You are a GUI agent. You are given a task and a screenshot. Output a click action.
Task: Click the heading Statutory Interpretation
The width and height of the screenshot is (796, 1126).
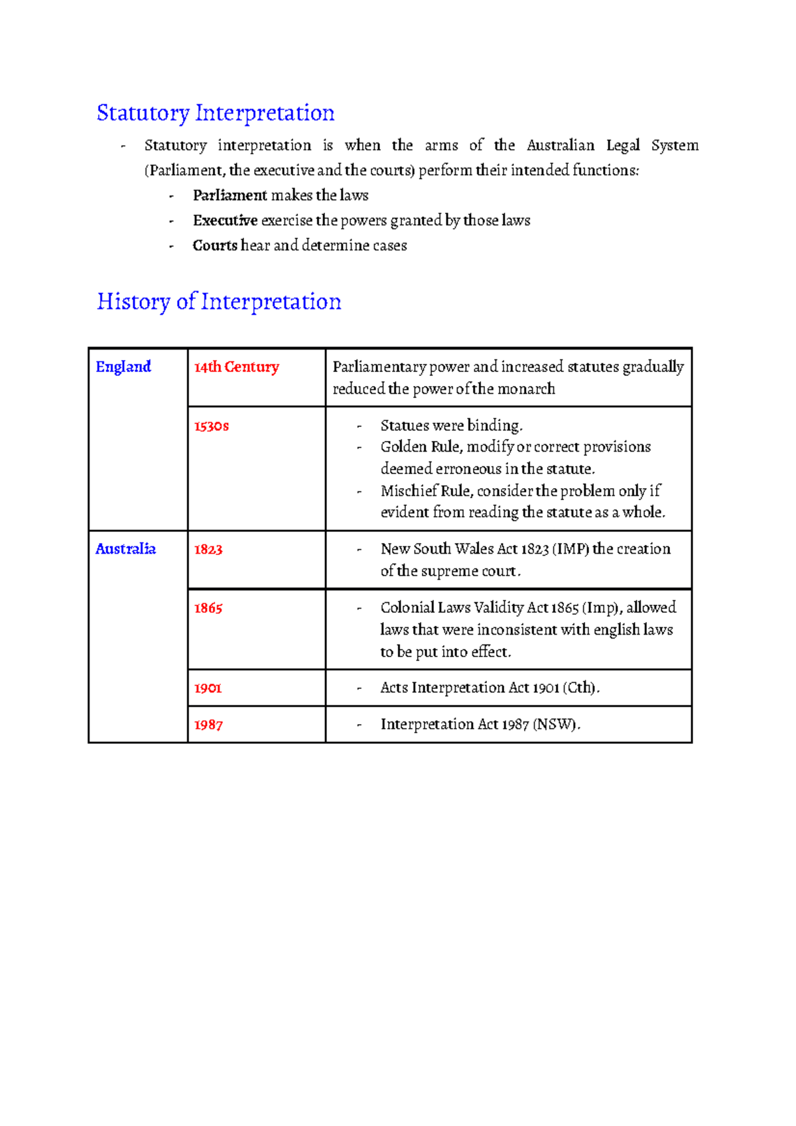(x=215, y=113)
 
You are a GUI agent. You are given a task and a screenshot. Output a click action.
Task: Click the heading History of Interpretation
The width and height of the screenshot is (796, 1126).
(x=219, y=302)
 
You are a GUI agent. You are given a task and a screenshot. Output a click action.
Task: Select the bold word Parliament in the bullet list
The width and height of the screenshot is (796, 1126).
(x=230, y=196)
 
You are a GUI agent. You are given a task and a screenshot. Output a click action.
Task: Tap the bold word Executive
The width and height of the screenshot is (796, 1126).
(x=225, y=221)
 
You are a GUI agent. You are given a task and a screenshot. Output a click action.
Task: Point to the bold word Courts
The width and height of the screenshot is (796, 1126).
(x=215, y=246)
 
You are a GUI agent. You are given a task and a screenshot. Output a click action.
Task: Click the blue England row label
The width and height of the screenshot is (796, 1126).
(x=123, y=367)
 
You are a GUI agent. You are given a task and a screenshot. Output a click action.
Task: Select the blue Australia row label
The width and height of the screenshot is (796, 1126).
(x=125, y=549)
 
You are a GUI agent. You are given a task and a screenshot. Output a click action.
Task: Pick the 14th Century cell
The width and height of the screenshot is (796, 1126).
(x=237, y=367)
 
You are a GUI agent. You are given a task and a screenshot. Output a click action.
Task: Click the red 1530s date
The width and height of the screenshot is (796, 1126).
(x=212, y=426)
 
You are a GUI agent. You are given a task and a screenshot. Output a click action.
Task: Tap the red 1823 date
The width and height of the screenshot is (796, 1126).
(x=208, y=550)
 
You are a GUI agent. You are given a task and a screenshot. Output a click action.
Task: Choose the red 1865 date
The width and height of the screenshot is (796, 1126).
(x=208, y=608)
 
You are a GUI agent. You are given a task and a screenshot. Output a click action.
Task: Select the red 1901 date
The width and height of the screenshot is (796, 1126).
(x=208, y=688)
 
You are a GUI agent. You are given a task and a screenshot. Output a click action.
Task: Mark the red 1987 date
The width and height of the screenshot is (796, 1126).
(x=208, y=725)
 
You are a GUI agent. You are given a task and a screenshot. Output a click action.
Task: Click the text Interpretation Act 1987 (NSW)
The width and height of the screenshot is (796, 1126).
(x=480, y=725)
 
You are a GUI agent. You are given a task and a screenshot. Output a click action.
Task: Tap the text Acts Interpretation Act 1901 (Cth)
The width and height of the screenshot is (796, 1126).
(x=489, y=688)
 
